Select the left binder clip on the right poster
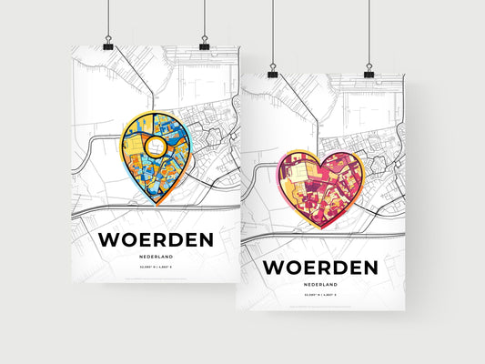pos(271,70)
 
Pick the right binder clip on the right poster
pos(369,70)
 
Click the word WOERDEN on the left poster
pos(157,240)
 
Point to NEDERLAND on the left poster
pos(157,258)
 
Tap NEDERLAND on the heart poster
pos(319,285)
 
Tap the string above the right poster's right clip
pos(369,32)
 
